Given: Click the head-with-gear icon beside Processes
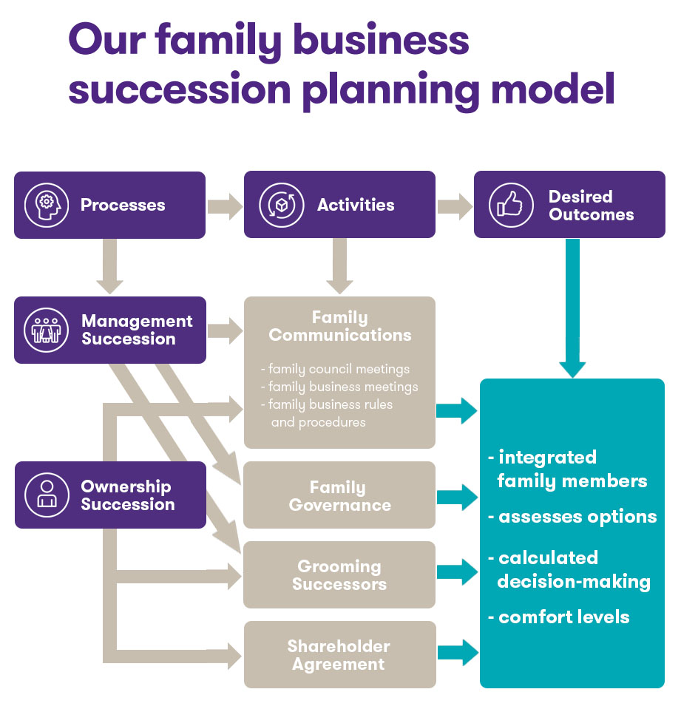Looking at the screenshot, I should (47, 205).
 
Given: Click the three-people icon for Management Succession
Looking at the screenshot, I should (47, 330).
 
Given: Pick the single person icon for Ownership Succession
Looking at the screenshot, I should (47, 495).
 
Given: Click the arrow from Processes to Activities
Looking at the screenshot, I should (225, 205).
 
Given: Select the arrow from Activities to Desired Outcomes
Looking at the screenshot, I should (455, 205).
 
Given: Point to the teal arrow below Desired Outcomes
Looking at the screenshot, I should (572, 311).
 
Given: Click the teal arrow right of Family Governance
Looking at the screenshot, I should (457, 495).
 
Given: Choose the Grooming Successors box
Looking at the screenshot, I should (339, 574).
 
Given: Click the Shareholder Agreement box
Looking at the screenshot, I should (339, 654).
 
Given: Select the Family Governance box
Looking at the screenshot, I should (339, 495).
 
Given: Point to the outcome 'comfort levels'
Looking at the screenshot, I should (563, 617).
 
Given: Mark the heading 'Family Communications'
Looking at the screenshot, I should (339, 326).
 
